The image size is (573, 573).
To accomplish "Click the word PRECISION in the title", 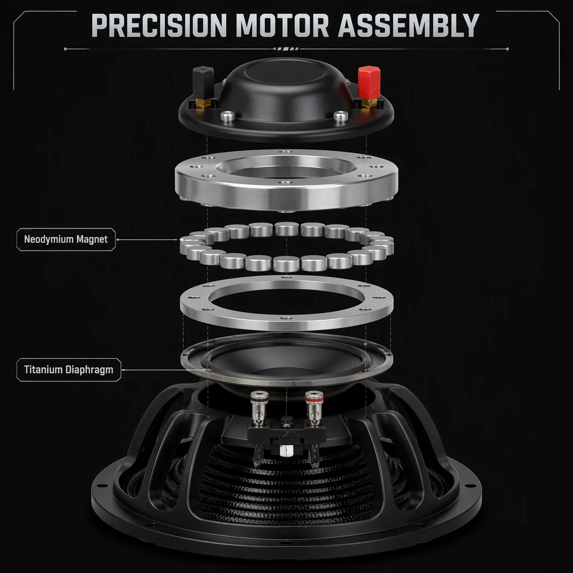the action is [x=158, y=25].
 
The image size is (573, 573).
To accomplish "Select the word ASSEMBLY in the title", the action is [x=408, y=25].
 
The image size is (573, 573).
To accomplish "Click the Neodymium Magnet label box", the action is [x=66, y=239].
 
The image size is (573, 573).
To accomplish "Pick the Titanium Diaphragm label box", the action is [x=69, y=369].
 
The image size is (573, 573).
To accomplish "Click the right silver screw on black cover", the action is [x=341, y=117].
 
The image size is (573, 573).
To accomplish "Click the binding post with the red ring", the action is [x=314, y=408].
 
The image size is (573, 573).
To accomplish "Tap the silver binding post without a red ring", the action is [x=259, y=408].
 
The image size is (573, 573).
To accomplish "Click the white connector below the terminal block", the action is [x=286, y=450].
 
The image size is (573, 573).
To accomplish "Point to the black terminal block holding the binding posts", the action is [x=286, y=433].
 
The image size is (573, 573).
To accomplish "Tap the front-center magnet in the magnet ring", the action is [x=286, y=264].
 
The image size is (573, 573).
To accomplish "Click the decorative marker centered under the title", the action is [x=286, y=49].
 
